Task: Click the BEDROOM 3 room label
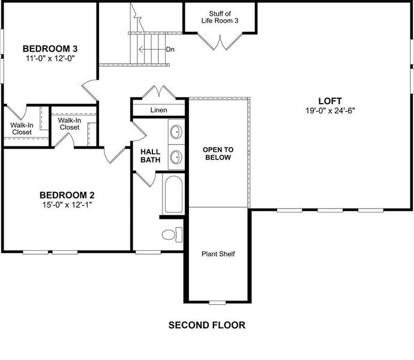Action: pos(50,49)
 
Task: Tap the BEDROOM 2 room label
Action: pos(67,195)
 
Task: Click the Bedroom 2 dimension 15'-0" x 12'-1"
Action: pos(67,205)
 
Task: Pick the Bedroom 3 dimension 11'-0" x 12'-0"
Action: pos(50,58)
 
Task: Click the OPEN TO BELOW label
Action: pos(218,153)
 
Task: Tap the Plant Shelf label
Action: pos(217,254)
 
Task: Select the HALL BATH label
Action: pos(150,155)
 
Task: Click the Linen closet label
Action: pos(159,110)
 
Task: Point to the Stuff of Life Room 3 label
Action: pos(220,17)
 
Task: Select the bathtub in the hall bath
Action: pos(174,193)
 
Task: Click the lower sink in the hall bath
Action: pos(176,157)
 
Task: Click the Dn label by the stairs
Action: pos(170,49)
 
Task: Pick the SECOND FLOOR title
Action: pos(206,325)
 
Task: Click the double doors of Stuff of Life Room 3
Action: pos(220,41)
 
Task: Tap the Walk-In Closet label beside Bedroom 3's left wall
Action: pos(22,129)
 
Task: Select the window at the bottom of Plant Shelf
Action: pos(218,301)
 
